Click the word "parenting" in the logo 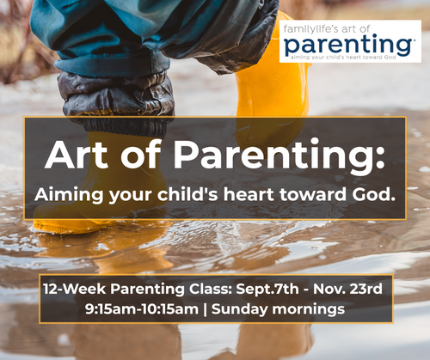(348, 45)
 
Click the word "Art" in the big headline (77, 155)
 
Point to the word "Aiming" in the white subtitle (69, 195)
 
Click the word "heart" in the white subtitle (249, 194)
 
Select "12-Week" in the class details (75, 289)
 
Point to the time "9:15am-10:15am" (142, 309)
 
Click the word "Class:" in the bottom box (210, 289)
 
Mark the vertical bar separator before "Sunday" (205, 310)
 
